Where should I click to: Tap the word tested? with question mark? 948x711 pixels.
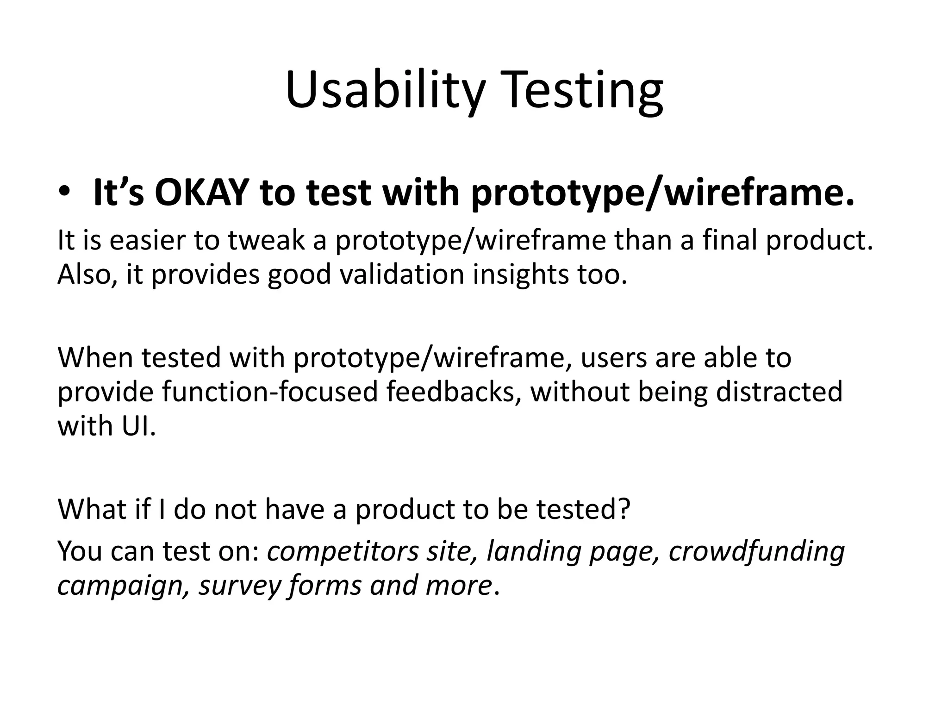point(584,509)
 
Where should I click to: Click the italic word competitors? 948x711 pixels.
point(343,552)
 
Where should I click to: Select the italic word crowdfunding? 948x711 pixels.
point(757,552)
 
